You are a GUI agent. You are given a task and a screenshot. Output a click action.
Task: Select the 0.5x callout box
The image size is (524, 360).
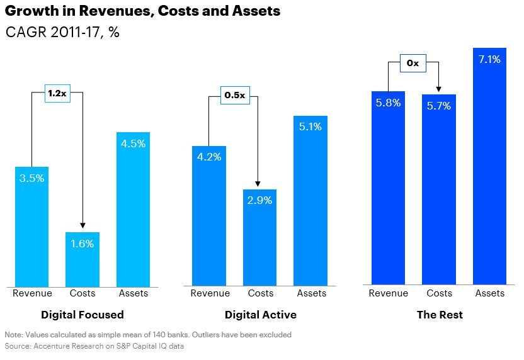coord(234,96)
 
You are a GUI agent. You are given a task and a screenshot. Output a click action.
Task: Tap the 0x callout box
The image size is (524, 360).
coord(413,64)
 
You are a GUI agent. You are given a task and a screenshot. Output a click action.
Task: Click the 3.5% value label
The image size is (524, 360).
coord(31,178)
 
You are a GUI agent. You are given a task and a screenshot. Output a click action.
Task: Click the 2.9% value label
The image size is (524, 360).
coord(260,201)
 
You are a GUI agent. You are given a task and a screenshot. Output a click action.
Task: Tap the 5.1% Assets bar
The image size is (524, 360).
coord(310,201)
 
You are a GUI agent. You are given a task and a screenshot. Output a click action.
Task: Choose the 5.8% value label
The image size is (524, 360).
coord(388,103)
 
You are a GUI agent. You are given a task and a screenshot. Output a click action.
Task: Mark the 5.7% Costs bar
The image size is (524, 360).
coord(439,189)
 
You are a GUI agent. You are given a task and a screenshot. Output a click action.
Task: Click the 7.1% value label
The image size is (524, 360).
coord(489,60)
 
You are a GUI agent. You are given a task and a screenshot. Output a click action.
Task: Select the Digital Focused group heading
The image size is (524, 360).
coord(83,315)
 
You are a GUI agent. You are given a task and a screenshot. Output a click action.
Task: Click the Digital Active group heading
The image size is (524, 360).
coord(260,315)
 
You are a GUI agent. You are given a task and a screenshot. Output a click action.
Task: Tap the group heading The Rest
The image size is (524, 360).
coord(439,315)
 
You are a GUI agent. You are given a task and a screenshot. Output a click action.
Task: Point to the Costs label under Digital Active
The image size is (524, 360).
coord(260,293)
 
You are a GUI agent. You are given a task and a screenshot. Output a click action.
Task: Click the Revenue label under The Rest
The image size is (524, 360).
coord(388,293)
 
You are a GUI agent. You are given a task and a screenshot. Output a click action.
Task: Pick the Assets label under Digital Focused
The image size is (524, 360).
coord(134,293)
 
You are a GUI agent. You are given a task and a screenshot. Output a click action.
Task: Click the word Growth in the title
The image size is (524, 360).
coord(29,11)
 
